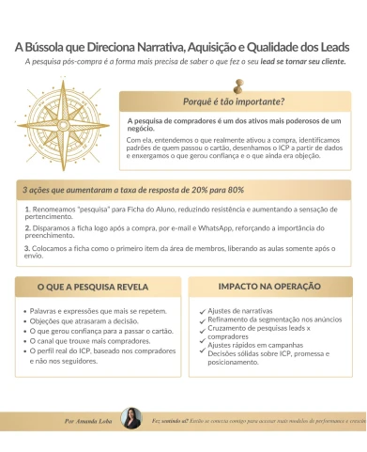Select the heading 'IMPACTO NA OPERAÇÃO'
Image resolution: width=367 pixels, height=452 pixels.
(x=268, y=286)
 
